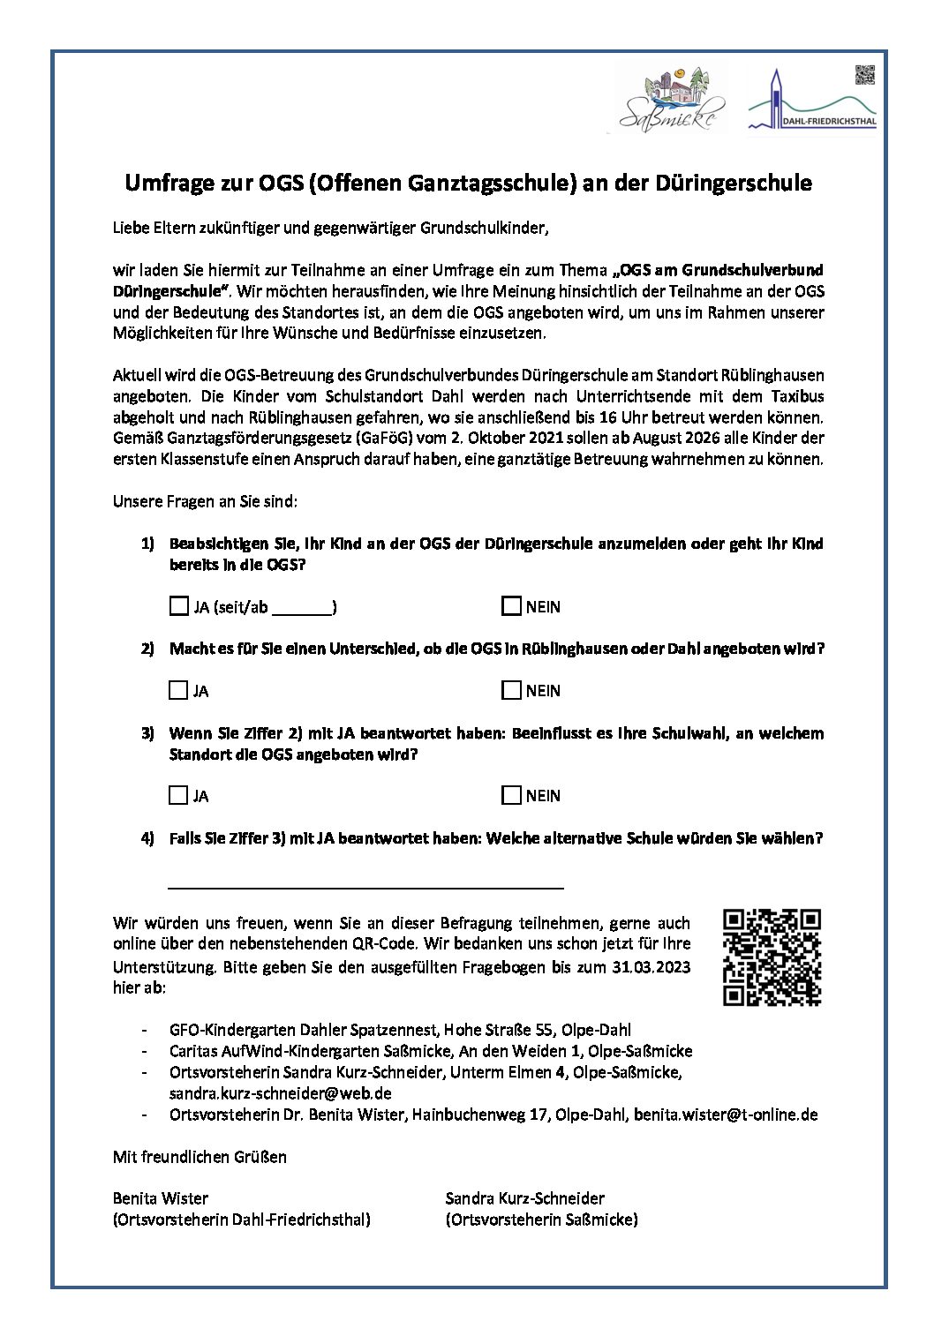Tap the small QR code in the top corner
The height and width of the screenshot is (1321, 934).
coord(864,75)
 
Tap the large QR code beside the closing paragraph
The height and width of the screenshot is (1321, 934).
coord(772,957)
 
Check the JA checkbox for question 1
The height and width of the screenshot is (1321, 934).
coord(178,606)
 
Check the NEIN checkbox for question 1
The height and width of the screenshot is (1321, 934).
coord(511,606)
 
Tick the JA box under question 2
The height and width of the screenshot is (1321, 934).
coord(178,690)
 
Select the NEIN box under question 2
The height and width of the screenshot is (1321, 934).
coord(511,690)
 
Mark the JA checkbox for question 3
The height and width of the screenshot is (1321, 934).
coord(178,795)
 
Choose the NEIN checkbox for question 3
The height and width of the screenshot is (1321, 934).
coord(511,795)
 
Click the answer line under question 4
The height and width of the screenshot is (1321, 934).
coord(365,882)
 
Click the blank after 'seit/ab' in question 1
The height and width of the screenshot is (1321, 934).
coord(302,607)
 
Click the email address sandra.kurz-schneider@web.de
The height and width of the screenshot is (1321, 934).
coord(280,1093)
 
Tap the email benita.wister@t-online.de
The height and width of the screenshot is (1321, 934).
coord(726,1115)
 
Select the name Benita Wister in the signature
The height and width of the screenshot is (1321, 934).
coord(161,1198)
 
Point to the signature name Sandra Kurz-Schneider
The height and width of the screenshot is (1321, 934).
coord(524,1198)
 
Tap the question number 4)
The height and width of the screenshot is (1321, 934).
coord(147,838)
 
